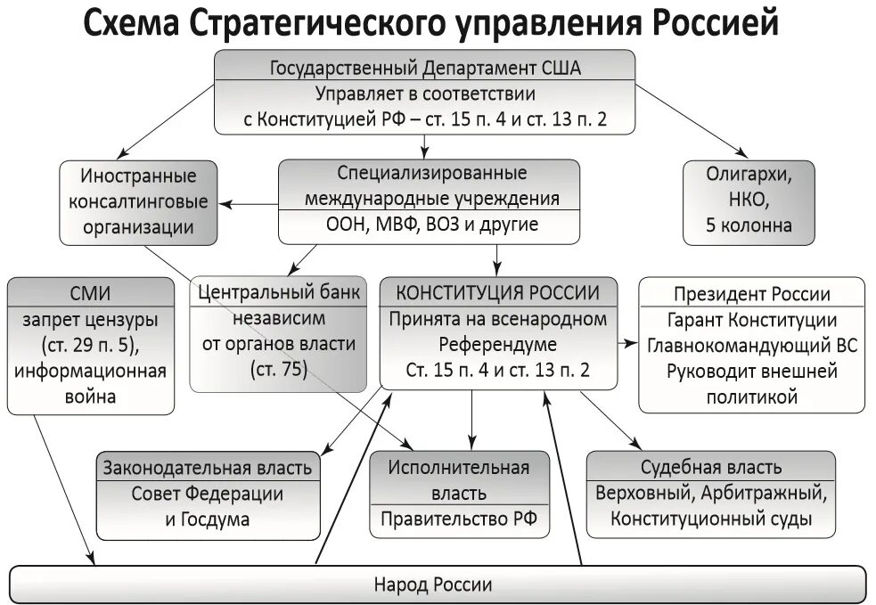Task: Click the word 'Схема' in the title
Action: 133,23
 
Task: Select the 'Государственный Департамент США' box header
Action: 424,68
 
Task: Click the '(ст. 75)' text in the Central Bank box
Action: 278,369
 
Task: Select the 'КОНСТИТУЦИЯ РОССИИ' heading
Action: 497,292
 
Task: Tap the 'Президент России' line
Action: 752,294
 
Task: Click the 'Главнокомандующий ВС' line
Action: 752,346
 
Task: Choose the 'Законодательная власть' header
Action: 208,467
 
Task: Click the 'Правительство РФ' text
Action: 458,520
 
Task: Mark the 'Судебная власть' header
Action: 711,467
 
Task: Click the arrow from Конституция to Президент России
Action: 627,342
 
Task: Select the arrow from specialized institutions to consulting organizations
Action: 249,204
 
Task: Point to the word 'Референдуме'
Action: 497,344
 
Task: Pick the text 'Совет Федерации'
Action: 208,494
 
